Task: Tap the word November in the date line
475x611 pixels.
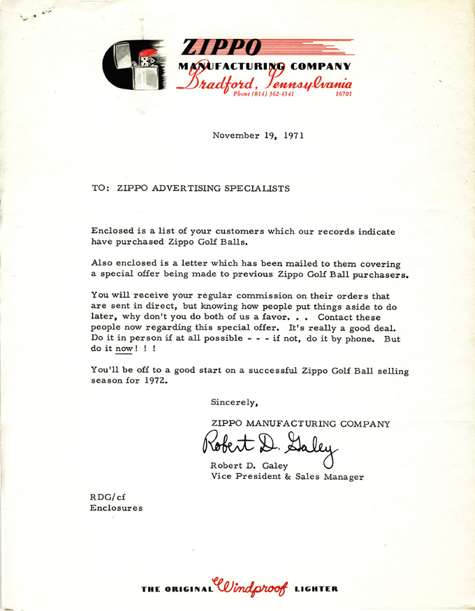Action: [x=235, y=135]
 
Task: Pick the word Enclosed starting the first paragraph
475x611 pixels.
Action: [x=112, y=230]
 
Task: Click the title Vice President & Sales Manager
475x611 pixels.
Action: [x=286, y=477]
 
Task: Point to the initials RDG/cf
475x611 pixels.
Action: [x=108, y=496]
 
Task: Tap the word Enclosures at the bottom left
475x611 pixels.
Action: [x=116, y=508]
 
